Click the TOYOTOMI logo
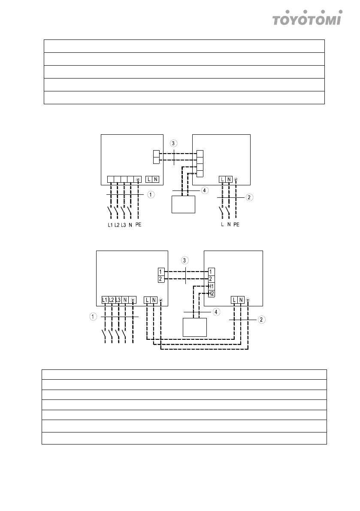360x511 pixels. pyautogui.click(x=307, y=18)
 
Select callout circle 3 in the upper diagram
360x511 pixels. pyautogui.click(x=173, y=143)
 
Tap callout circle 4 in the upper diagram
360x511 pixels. pyautogui.click(x=206, y=190)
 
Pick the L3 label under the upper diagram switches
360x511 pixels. pyautogui.click(x=124, y=224)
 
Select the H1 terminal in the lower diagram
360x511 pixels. pyautogui.click(x=211, y=286)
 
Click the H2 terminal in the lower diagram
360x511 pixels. pyautogui.click(x=211, y=293)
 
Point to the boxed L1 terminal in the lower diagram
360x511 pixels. pyautogui.click(x=105, y=300)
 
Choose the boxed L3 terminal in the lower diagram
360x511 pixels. pyautogui.click(x=118, y=300)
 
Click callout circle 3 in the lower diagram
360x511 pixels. pyautogui.click(x=185, y=260)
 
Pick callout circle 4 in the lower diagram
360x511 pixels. pyautogui.click(x=217, y=311)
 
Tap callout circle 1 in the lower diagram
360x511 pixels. pyautogui.click(x=93, y=317)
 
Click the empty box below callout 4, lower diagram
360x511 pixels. pyautogui.click(x=194, y=328)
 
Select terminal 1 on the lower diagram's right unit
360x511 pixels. pyautogui.click(x=211, y=272)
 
